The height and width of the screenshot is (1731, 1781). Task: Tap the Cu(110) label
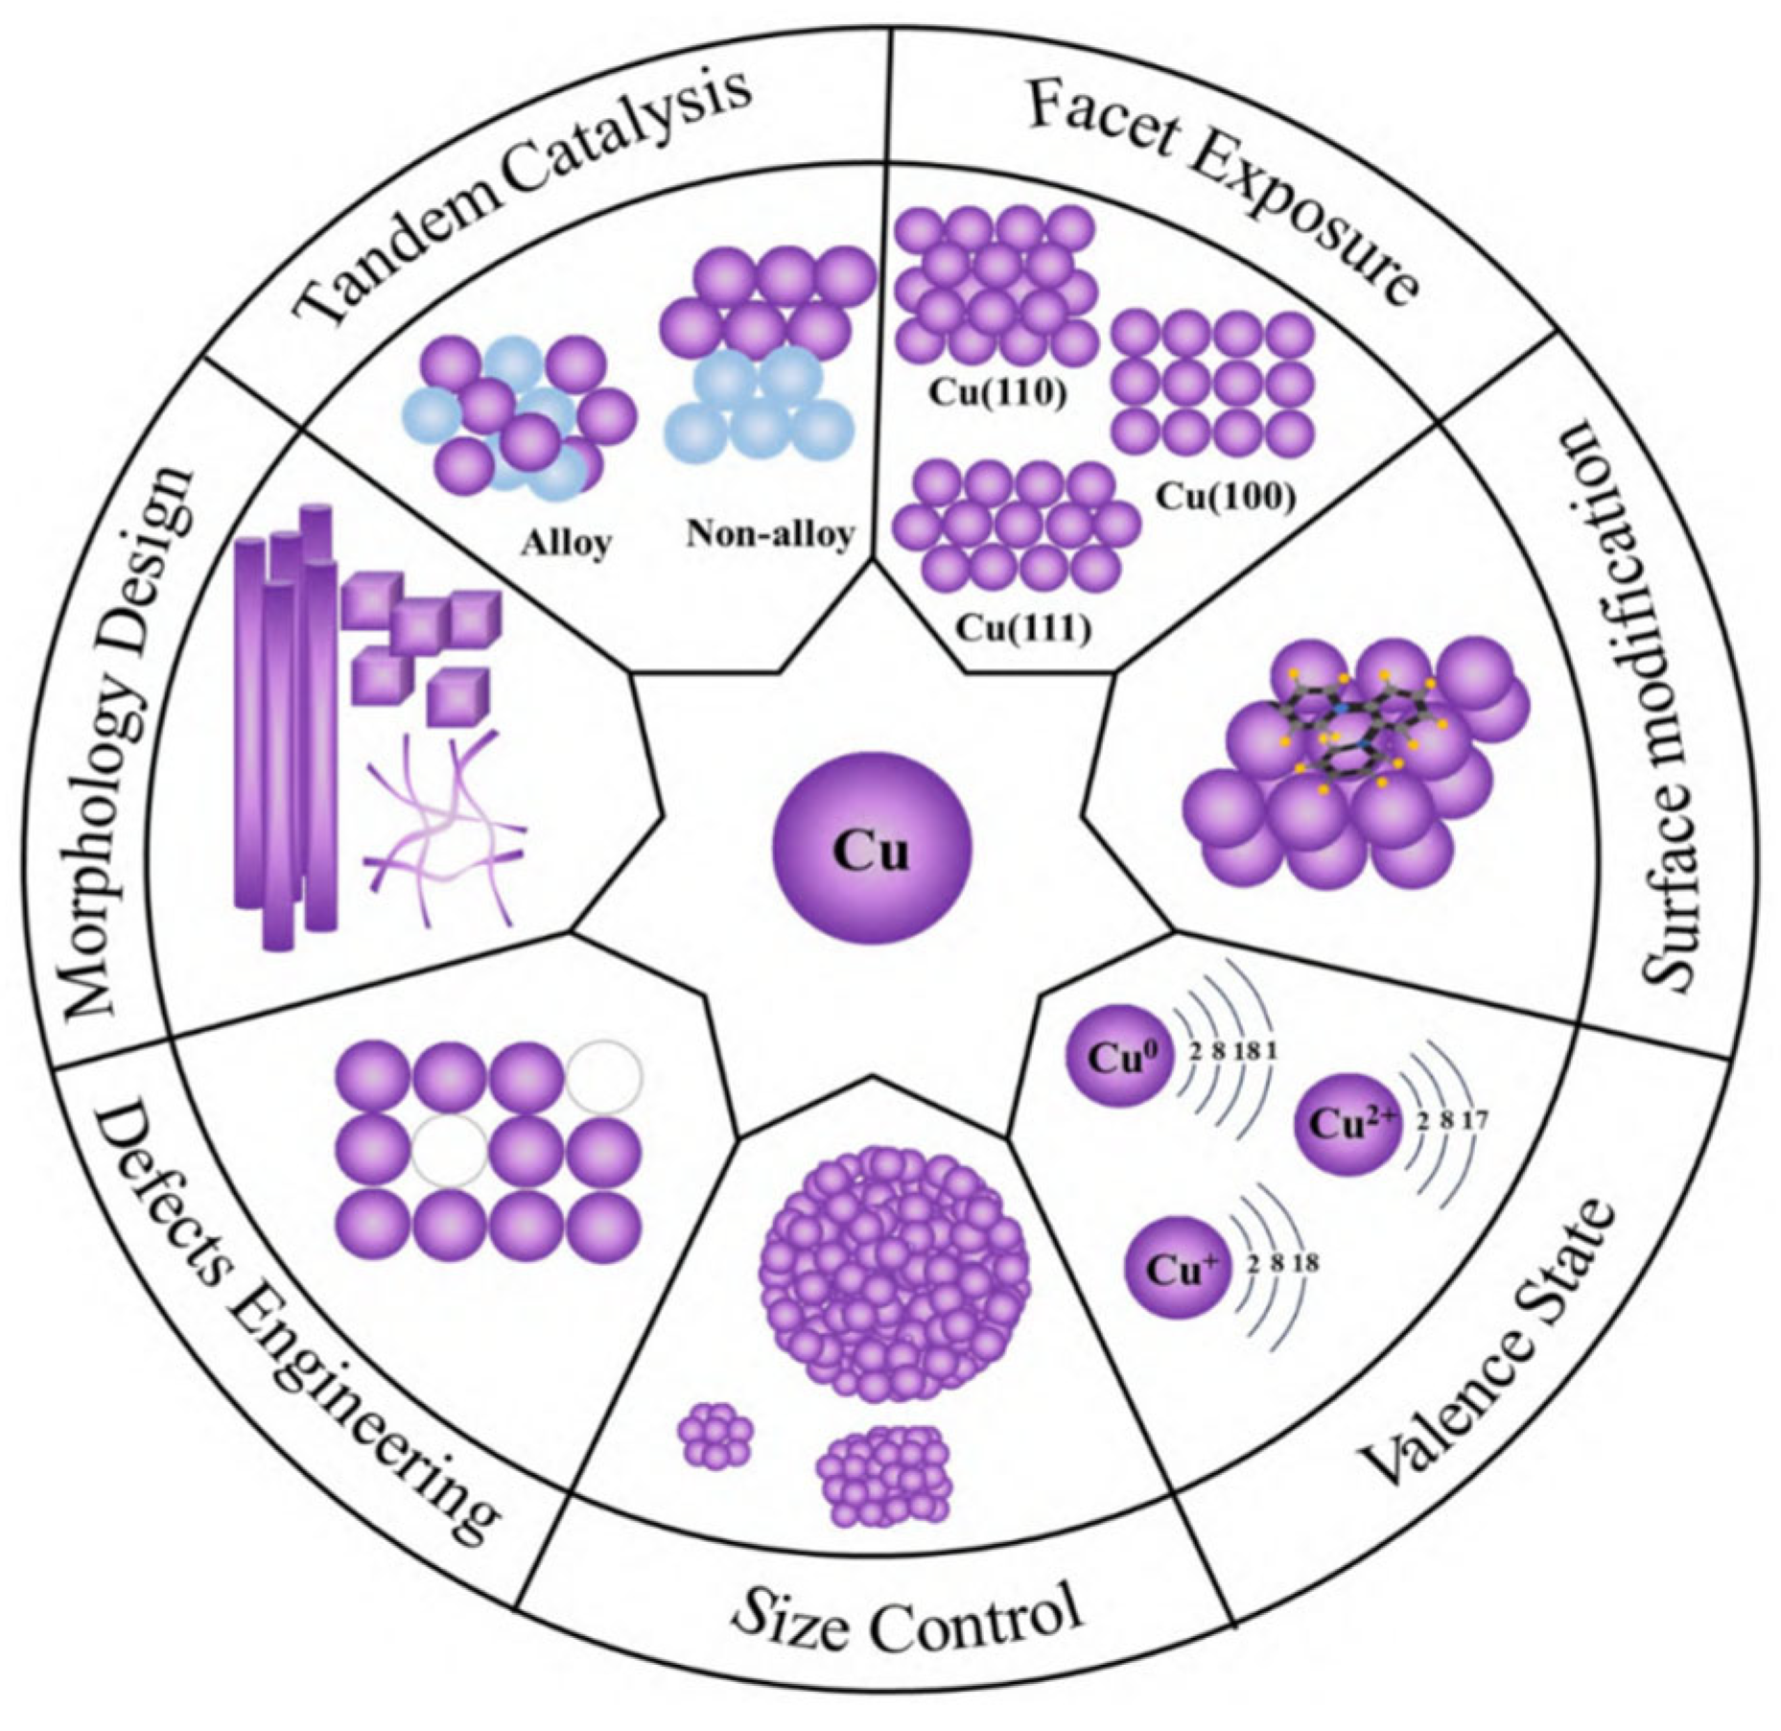coord(998,394)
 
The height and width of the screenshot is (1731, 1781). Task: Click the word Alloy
coord(566,543)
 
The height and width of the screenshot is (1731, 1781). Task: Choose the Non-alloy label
coord(770,533)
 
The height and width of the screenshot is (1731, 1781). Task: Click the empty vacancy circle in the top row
coord(603,1077)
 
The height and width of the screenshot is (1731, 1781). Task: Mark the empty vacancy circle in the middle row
coord(450,1151)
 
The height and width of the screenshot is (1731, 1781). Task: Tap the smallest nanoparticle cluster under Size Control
coord(715,1436)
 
